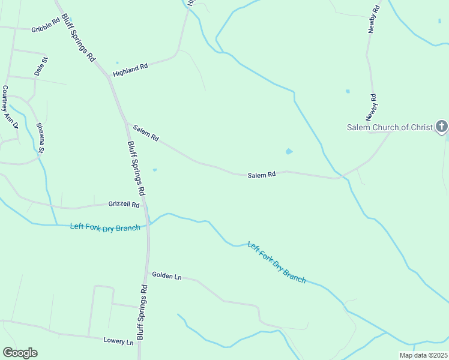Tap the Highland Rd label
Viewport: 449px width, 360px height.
pos(130,70)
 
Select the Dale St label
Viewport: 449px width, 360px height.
pos(41,66)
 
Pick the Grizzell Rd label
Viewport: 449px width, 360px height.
pos(124,205)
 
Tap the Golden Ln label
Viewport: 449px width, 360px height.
pos(166,276)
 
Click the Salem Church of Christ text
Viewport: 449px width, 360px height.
pos(390,127)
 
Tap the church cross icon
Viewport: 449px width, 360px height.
pos(441,126)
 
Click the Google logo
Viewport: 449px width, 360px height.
pos(20,353)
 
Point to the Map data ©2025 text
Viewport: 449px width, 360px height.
pos(423,355)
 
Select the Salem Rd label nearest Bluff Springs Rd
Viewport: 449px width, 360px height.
pos(146,133)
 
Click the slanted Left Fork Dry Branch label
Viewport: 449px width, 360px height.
pos(277,262)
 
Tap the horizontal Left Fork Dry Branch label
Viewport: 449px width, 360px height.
pos(104,227)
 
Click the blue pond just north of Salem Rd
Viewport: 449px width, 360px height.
pos(289,152)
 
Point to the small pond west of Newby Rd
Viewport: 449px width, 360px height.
pos(347,91)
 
